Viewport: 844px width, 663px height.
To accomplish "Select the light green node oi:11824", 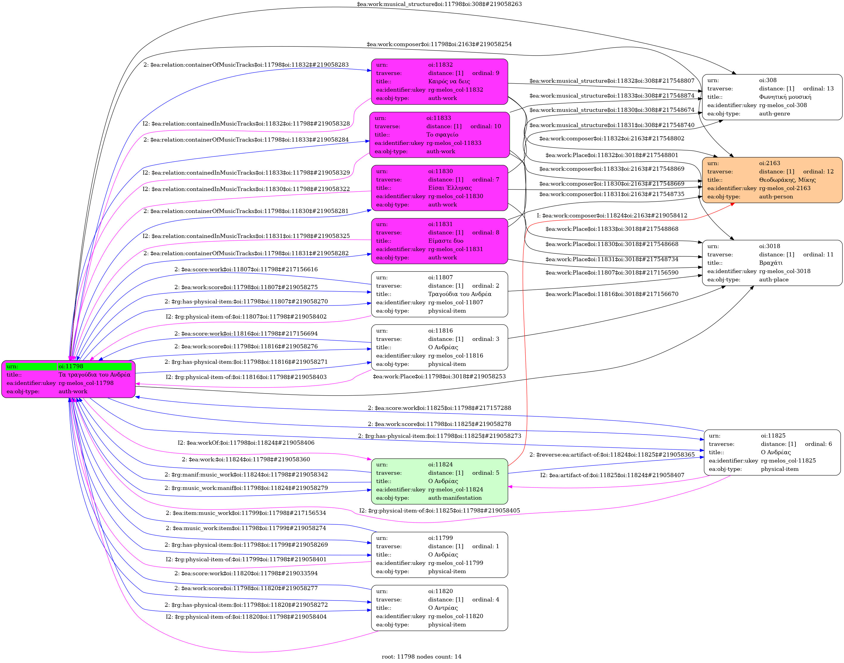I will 439,481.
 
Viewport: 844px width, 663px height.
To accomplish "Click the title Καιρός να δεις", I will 449,81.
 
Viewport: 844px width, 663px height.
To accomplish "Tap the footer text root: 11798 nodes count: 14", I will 421,656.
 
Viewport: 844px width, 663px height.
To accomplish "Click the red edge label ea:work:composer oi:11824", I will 612,215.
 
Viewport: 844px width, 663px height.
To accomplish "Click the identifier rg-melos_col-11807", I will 456,302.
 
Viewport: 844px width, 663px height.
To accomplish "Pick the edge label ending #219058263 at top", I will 439,4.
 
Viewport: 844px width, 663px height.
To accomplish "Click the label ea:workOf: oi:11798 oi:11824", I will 246,443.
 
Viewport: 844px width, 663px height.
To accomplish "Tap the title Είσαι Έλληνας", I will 450,188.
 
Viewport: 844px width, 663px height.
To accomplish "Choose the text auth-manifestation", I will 455,498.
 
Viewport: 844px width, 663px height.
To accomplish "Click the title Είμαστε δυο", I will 446,241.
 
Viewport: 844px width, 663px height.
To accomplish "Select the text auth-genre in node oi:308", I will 774,114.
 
